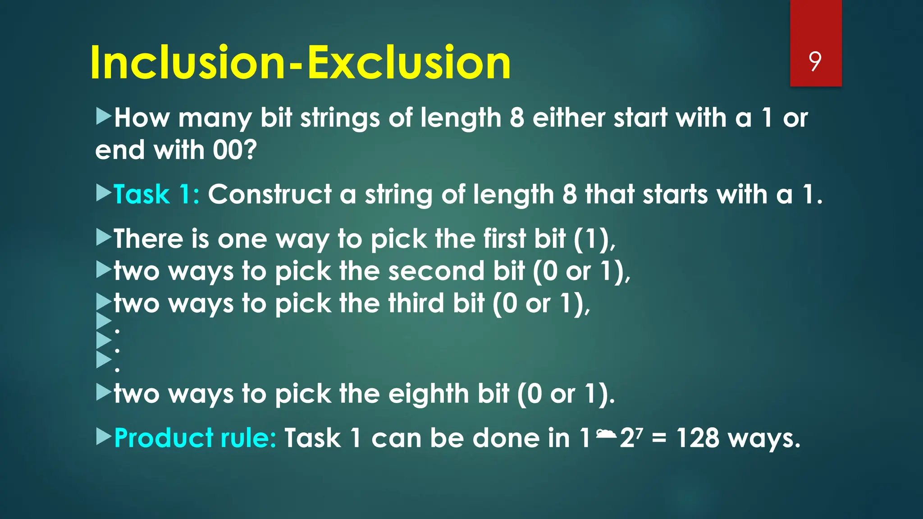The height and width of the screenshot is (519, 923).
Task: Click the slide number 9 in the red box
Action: point(815,61)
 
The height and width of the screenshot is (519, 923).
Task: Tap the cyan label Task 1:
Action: point(156,195)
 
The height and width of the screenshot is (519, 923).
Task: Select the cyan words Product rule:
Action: point(195,438)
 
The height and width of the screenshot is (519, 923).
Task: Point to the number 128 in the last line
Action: point(698,438)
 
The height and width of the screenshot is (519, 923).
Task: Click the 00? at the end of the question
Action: point(234,150)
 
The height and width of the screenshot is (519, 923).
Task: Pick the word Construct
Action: point(270,195)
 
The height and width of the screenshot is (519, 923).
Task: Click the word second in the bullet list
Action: point(436,271)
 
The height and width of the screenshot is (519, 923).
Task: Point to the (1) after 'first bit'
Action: point(592,239)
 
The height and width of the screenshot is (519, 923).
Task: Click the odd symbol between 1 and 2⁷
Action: point(606,434)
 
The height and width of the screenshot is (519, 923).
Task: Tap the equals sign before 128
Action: point(659,439)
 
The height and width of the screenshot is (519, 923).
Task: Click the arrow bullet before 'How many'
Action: point(104,117)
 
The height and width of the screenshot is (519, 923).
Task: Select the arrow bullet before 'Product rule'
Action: point(104,437)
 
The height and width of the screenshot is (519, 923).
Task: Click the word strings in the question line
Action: point(340,118)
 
